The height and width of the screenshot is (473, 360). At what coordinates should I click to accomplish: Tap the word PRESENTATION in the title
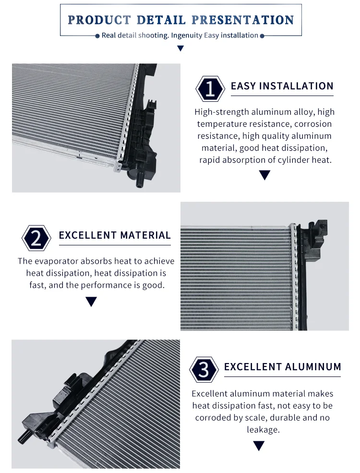click(243, 20)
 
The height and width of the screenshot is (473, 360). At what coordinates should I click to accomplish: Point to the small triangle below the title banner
click(180, 49)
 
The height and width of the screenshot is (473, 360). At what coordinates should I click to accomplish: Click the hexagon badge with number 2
click(36, 238)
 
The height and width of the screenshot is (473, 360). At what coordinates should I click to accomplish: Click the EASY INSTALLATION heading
click(282, 86)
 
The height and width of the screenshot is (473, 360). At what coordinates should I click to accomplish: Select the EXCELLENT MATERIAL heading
click(115, 235)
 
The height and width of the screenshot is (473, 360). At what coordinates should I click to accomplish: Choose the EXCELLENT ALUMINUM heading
click(282, 367)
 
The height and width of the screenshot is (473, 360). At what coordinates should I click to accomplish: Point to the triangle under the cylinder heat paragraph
click(264, 176)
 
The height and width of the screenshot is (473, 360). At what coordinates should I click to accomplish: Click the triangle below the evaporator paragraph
click(91, 302)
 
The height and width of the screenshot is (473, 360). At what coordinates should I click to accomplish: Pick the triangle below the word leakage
click(259, 446)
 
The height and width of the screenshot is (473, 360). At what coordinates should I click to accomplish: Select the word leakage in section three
click(263, 430)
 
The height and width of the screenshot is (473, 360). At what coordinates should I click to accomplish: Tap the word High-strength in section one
click(217, 112)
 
